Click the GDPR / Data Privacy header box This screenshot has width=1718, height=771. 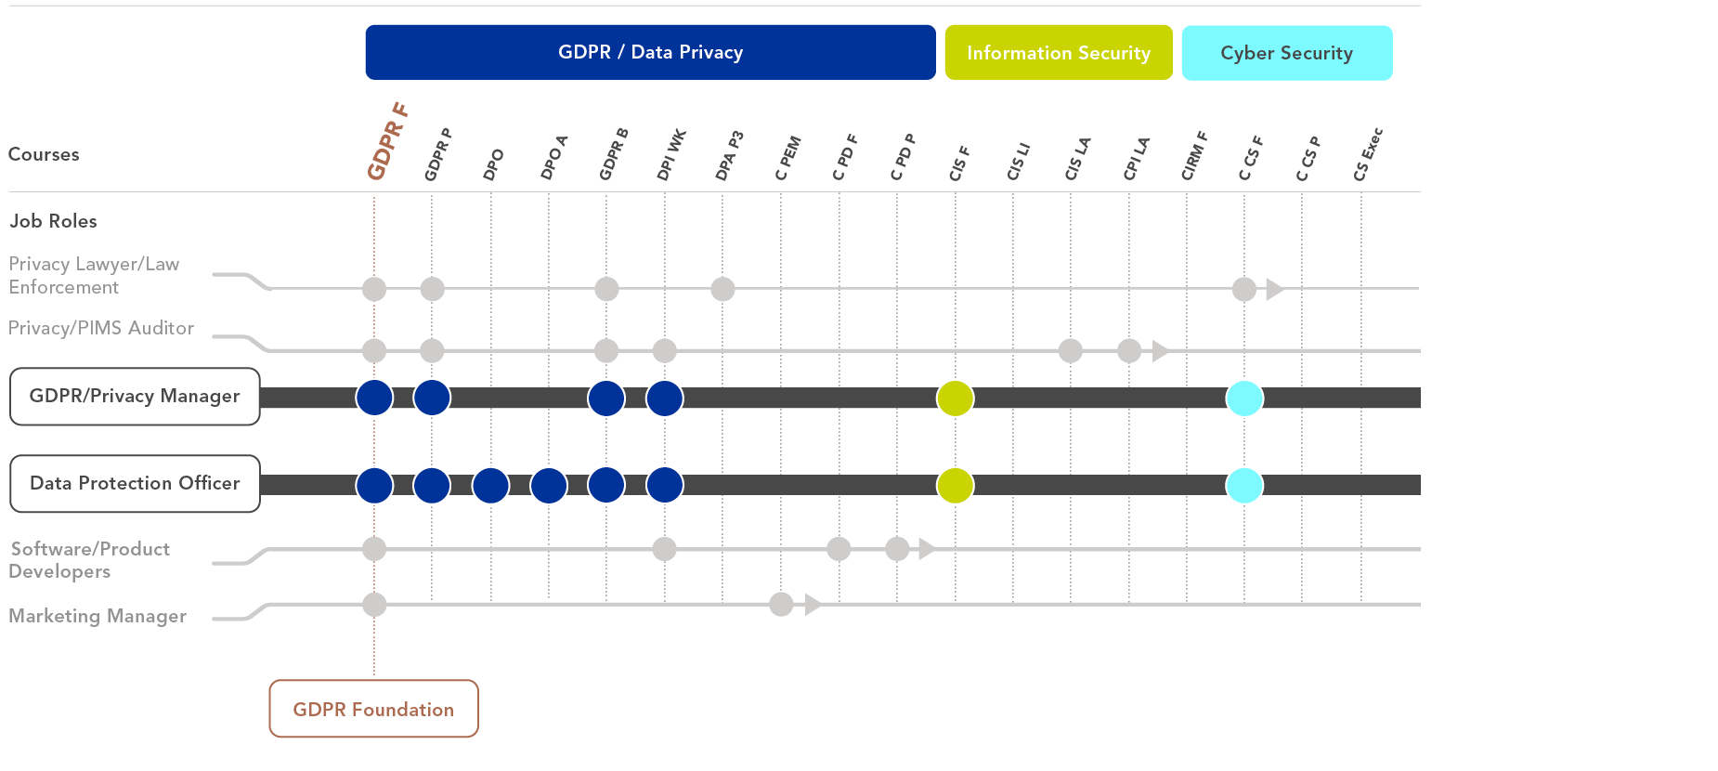pos(650,52)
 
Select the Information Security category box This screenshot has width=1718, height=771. pos(1059,53)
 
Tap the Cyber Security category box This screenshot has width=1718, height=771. pos(1286,53)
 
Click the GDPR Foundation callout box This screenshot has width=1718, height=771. pos(373,709)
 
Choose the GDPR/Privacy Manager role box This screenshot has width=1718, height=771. pos(135,397)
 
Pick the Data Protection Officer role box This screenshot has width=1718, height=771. pos(135,483)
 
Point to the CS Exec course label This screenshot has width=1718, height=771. pos(1368,154)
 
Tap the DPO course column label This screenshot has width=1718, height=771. pos(493,164)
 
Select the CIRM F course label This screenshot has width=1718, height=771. pos(1194,156)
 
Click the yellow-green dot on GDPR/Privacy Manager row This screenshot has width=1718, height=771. pos(955,399)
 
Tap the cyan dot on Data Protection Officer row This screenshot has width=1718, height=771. pos(1244,485)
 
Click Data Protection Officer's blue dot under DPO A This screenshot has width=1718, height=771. pos(549,485)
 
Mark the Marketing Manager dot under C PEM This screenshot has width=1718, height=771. pos(781,605)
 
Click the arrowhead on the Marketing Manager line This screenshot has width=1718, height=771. pos(813,605)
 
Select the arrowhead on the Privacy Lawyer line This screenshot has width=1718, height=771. pos(1274,289)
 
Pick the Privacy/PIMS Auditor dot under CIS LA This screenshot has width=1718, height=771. pos(1071,350)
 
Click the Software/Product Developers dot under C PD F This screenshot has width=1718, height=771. pos(839,549)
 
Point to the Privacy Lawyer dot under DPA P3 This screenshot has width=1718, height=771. pos(722,289)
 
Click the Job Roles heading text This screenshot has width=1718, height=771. pos(53,221)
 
